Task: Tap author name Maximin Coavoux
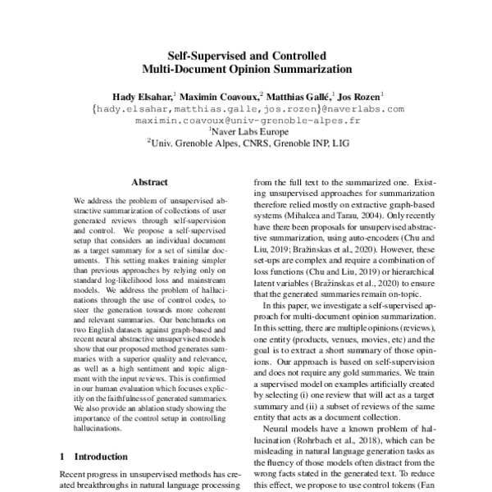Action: [217, 95]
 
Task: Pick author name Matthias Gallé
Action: [299, 95]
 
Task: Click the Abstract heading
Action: [149, 182]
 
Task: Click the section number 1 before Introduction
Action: [64, 455]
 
